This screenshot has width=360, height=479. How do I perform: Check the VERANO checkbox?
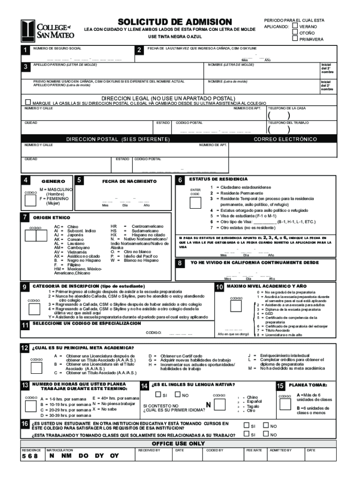[295, 26]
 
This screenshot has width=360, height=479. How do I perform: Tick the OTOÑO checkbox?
[295, 33]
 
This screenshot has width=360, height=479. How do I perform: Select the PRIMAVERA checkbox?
[295, 39]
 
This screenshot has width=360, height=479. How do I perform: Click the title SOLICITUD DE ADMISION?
[175, 22]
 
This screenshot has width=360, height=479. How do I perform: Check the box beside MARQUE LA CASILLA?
[28, 102]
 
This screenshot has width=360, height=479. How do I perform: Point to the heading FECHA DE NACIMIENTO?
[130, 181]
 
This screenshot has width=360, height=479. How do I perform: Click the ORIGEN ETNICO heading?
[51, 218]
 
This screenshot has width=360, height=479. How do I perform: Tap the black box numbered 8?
[180, 264]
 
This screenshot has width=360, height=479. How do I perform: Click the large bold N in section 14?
[208, 404]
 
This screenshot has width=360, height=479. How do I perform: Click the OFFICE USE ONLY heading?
[179, 443]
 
